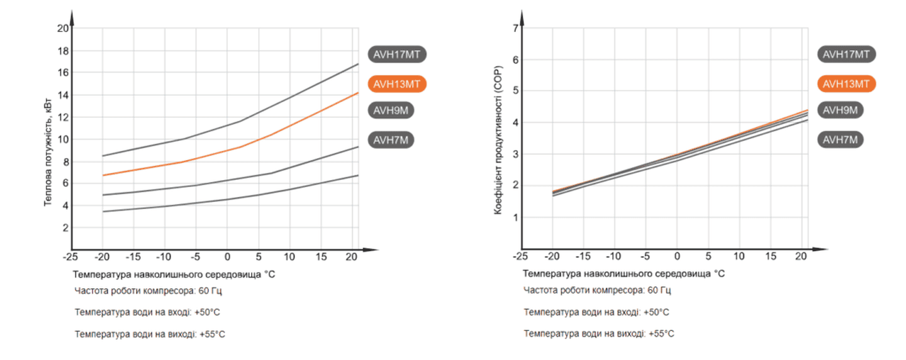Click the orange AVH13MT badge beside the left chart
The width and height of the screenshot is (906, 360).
point(397,84)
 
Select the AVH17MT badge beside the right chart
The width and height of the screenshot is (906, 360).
point(846,54)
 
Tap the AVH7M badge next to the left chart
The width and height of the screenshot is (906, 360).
point(393,140)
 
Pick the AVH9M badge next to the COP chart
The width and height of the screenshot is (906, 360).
point(840,110)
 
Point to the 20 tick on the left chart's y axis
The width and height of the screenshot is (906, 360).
point(62,28)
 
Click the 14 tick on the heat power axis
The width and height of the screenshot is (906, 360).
point(62,95)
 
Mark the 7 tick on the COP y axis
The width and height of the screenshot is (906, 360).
point(515,28)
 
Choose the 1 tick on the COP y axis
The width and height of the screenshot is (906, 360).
point(515,217)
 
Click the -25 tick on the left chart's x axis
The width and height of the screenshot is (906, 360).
point(70,257)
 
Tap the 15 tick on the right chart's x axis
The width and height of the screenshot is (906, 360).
point(771,257)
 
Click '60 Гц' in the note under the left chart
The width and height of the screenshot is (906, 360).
point(210,291)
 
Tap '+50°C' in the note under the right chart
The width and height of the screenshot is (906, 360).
point(655,312)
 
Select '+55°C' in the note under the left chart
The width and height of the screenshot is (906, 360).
point(212,334)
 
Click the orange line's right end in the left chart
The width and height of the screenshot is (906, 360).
point(358,93)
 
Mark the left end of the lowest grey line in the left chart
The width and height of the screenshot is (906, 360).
point(103,211)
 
